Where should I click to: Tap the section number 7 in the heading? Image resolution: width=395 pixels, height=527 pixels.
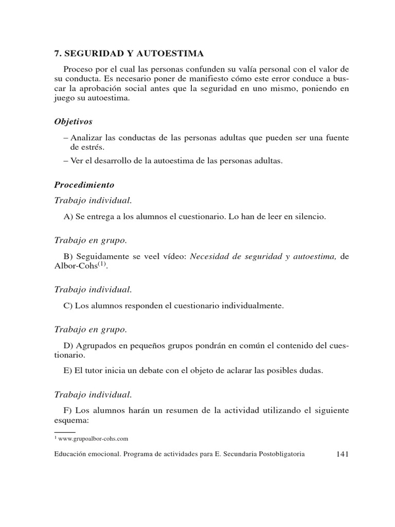[x=57, y=53]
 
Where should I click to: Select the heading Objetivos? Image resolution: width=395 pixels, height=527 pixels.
[x=74, y=122]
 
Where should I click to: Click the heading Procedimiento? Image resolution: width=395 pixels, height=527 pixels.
[x=84, y=184]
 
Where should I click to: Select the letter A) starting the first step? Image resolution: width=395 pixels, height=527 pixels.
[x=68, y=217]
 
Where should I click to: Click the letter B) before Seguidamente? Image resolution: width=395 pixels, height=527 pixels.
[x=68, y=256]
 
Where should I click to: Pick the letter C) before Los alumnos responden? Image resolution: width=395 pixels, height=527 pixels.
[x=68, y=306]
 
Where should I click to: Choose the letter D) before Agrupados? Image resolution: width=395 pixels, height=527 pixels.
[x=68, y=345]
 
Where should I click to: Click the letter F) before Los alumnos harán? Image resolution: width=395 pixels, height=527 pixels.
[x=68, y=410]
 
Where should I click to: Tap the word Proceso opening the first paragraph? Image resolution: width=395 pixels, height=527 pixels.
[x=78, y=69]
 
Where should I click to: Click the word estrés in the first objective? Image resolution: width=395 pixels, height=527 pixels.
[x=84, y=147]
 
